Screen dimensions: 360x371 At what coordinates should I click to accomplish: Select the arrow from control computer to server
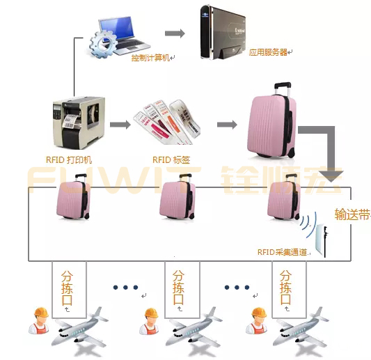pos(175,33)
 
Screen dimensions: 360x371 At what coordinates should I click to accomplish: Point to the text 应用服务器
pos(269,52)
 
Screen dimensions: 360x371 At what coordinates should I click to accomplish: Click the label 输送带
pos(352,214)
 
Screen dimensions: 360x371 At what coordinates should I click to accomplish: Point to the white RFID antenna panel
pos(322,241)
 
